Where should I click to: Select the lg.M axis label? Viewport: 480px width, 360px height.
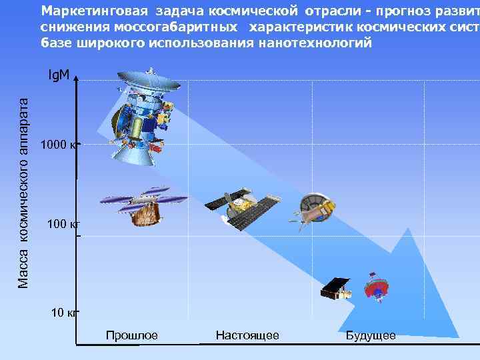[59, 75]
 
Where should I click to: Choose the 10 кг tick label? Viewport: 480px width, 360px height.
[64, 312]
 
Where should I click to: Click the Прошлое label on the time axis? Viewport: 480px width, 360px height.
[132, 335]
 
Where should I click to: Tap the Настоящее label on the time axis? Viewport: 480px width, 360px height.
[247, 335]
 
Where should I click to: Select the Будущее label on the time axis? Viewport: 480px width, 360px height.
[371, 335]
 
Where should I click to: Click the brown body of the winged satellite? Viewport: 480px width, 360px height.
[145, 214]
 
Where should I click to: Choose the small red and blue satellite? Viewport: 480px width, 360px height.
[375, 286]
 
